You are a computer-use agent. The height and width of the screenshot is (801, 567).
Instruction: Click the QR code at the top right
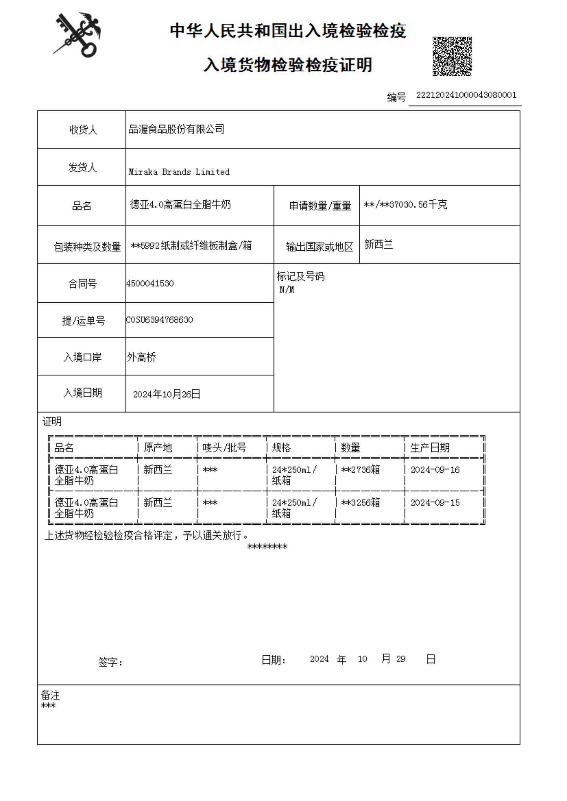(x=452, y=56)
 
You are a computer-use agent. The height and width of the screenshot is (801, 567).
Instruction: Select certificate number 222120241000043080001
(x=466, y=95)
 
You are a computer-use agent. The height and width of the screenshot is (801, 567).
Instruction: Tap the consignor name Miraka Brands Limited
(x=179, y=172)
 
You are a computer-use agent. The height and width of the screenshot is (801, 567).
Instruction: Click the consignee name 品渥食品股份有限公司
(x=176, y=130)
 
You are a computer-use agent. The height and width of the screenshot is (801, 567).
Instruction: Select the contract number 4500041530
(x=150, y=284)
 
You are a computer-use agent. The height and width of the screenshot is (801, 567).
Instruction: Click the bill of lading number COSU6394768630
(x=160, y=320)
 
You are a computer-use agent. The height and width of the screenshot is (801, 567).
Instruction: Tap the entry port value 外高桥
(x=142, y=357)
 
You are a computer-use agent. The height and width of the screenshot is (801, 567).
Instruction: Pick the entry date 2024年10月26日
(x=167, y=394)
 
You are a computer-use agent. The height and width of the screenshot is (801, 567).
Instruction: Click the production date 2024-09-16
(x=435, y=470)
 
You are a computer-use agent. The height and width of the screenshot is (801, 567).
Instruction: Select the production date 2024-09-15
(x=435, y=503)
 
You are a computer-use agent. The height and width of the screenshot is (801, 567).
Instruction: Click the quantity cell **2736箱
(x=360, y=470)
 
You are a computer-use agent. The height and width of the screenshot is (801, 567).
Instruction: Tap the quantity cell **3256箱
(x=360, y=503)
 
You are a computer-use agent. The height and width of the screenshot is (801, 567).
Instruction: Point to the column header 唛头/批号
(x=224, y=447)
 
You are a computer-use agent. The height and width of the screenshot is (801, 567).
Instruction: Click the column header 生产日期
(x=430, y=447)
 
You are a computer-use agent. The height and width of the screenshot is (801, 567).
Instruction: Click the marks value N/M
(x=287, y=290)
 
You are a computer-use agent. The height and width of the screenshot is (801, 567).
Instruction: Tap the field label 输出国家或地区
(x=320, y=247)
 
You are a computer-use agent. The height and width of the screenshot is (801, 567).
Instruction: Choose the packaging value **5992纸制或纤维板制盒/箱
(x=191, y=246)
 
